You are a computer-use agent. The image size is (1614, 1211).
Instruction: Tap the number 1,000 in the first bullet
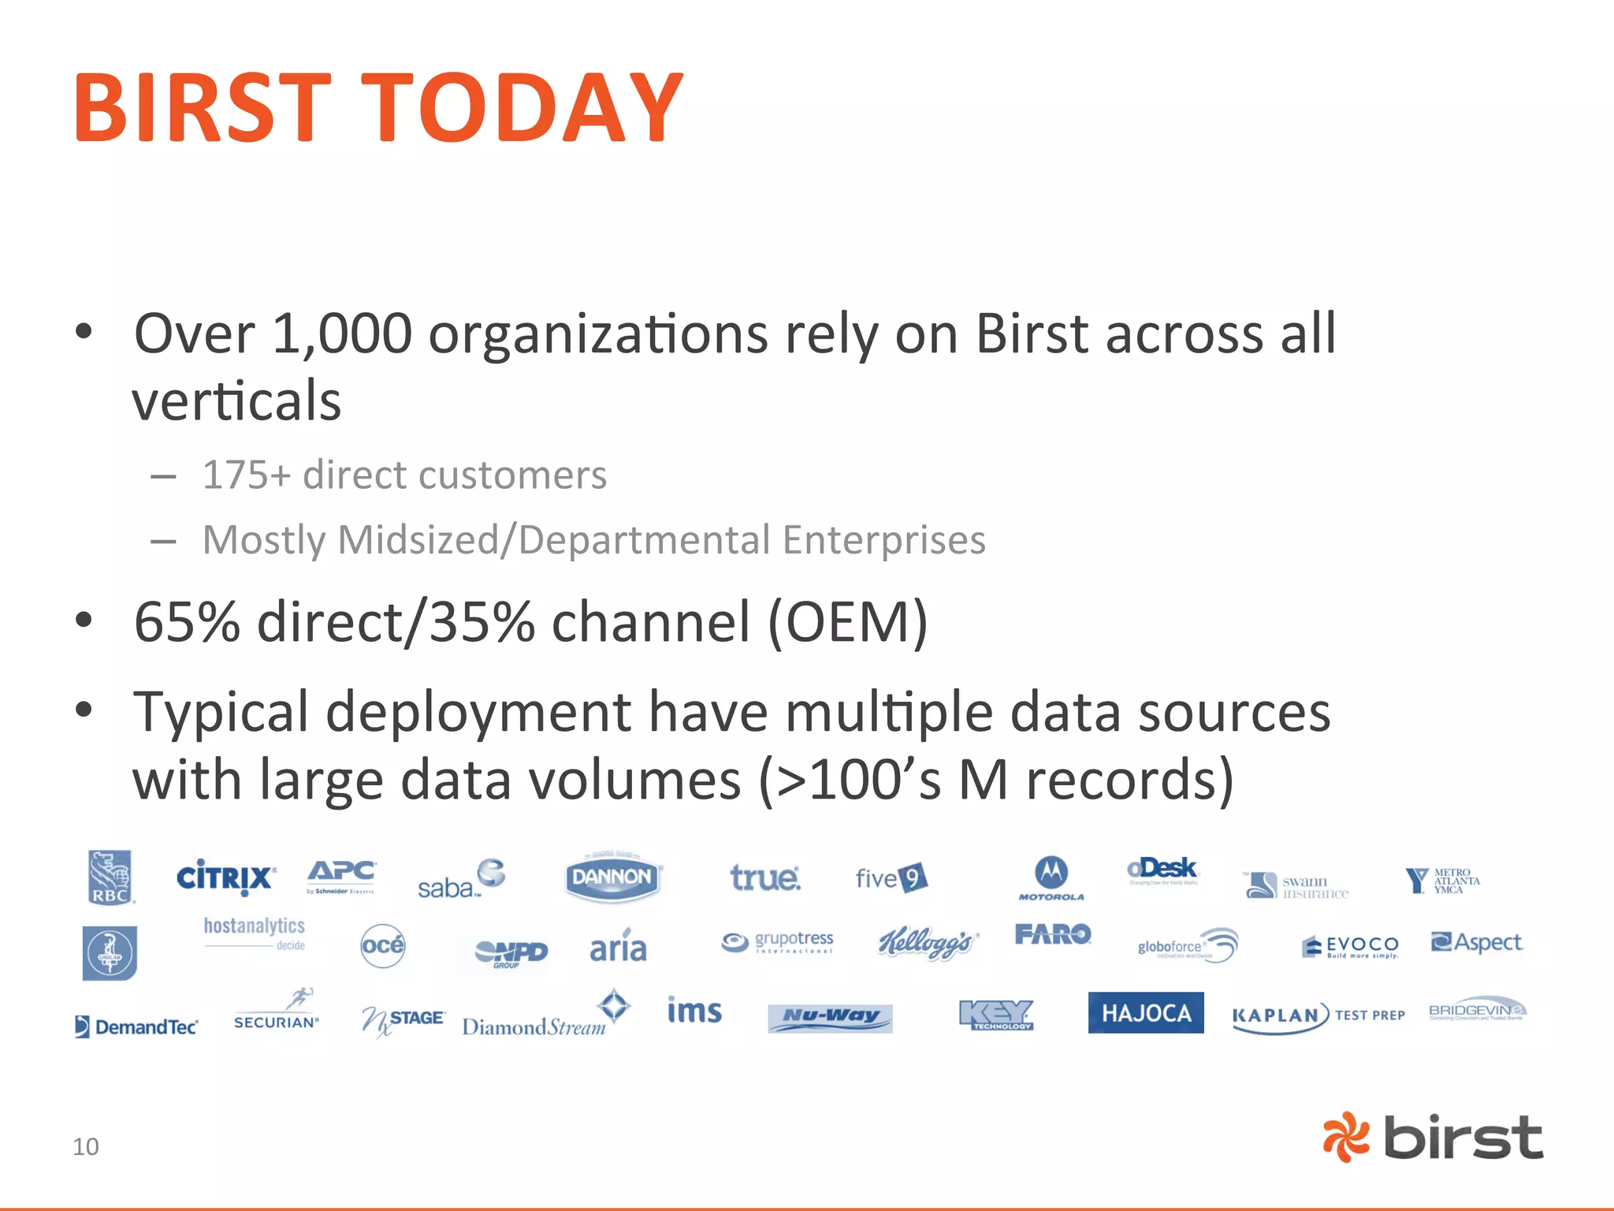click(342, 333)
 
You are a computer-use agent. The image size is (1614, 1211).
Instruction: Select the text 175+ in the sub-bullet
click(246, 475)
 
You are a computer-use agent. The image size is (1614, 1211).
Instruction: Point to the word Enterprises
click(883, 541)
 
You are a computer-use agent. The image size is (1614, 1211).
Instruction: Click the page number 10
click(86, 1146)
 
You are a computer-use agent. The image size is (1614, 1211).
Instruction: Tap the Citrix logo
click(225, 877)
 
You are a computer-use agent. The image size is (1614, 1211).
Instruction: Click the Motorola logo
click(1051, 878)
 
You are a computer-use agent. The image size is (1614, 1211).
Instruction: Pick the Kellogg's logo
click(928, 942)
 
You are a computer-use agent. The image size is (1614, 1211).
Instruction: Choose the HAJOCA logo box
click(1146, 1013)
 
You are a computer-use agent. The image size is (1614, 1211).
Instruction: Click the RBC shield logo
click(110, 877)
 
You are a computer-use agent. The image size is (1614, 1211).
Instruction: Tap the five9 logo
click(891, 878)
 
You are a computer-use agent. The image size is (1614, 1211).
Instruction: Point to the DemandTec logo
click(136, 1026)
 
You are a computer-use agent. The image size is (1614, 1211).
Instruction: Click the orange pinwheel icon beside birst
click(1346, 1137)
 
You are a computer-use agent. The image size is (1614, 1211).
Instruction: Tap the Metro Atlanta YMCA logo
click(1442, 881)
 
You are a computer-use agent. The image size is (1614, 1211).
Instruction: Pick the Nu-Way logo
click(830, 1017)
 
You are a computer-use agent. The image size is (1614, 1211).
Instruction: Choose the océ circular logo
click(383, 945)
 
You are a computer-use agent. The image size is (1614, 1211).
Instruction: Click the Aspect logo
click(1476, 942)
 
